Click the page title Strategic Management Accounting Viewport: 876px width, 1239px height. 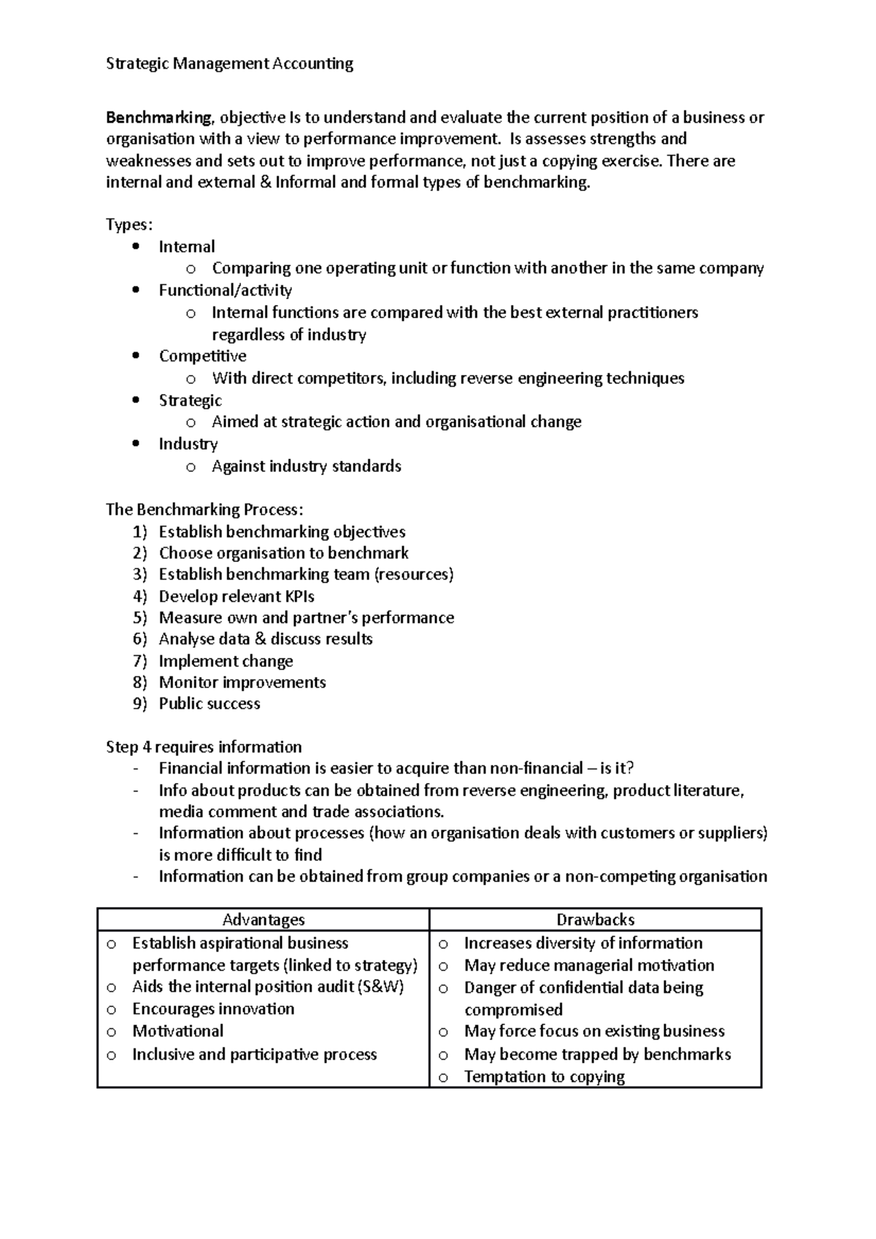229,63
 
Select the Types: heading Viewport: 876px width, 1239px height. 129,225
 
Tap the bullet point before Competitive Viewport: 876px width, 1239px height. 136,356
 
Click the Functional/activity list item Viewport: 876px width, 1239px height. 225,290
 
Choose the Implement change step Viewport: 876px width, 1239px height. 226,661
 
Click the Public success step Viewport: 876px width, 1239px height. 210,704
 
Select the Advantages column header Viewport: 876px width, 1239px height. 263,919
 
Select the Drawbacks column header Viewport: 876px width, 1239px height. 595,919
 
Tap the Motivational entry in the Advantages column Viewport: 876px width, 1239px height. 177,1031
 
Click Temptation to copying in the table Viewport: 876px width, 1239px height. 544,1077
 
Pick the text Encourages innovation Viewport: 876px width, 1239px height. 213,1009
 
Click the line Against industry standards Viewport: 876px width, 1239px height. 306,466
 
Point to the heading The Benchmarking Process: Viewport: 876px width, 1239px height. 204,509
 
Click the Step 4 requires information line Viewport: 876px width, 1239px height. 204,747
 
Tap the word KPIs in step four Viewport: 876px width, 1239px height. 299,596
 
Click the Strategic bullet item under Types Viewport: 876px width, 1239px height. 190,401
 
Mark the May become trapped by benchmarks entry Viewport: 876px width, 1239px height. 597,1054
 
